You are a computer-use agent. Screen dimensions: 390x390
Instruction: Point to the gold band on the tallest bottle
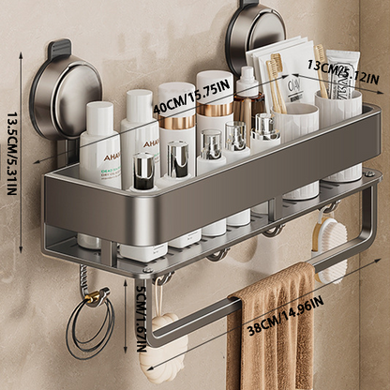(216, 111)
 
